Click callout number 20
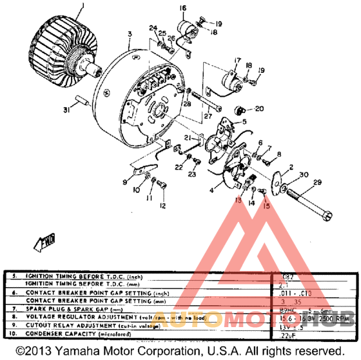tap(260, 108)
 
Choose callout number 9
tap(124, 183)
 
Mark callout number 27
tap(208, 117)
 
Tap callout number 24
tap(153, 28)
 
